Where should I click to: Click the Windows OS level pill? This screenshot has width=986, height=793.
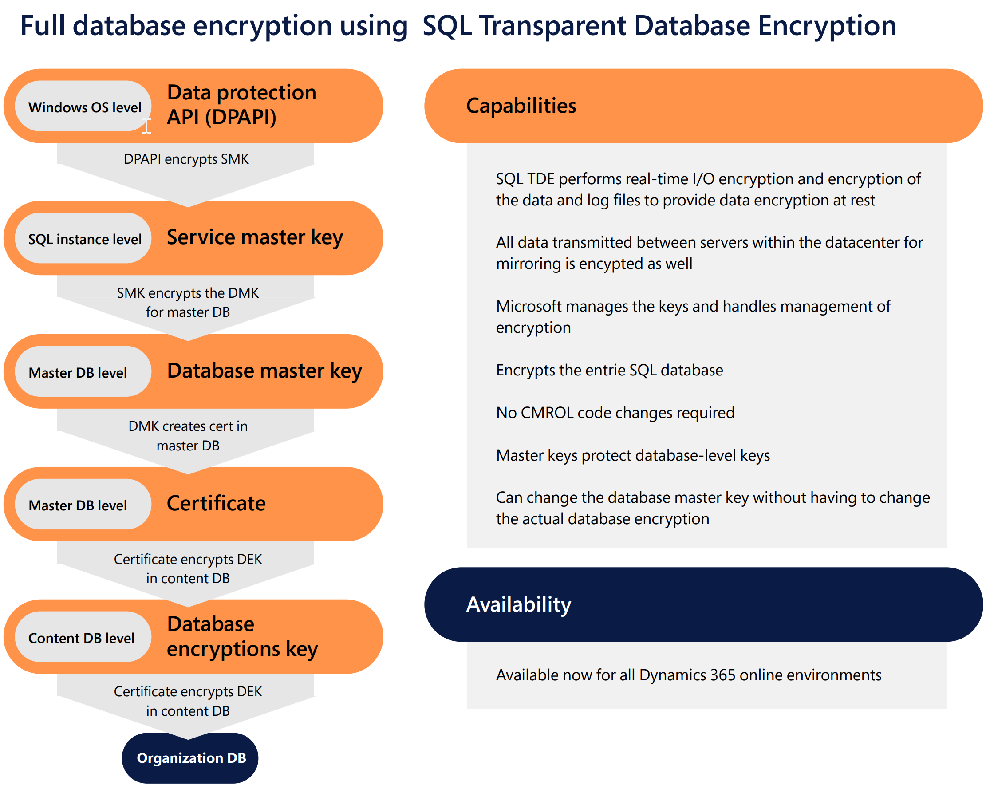pos(84,107)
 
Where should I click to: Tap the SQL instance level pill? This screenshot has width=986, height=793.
pos(84,239)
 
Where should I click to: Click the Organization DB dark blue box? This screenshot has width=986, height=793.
pos(191,758)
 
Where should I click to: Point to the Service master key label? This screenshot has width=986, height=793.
pos(254,237)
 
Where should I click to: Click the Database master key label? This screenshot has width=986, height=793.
pos(264,371)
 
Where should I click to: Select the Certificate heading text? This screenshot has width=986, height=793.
pos(216,504)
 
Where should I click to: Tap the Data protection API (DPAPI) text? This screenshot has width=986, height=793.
pos(241,105)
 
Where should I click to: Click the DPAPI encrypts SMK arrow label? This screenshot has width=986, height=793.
pos(186,159)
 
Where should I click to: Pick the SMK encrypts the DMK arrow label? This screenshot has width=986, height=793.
pos(188,302)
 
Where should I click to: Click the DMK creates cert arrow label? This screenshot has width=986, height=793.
pos(188,435)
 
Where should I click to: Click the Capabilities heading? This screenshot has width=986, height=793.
pos(521,106)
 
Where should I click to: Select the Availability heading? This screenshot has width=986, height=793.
pos(519,604)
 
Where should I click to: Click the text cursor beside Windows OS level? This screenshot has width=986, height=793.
pos(146,126)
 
